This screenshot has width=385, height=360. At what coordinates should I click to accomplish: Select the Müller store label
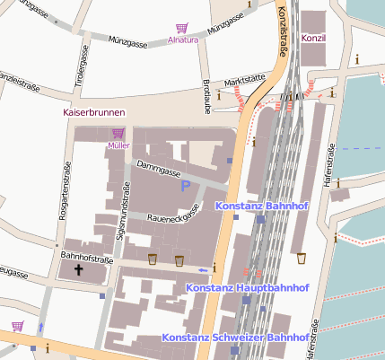[118, 145]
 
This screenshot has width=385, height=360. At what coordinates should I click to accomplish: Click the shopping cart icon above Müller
[118, 133]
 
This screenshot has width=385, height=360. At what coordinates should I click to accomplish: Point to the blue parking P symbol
[186, 186]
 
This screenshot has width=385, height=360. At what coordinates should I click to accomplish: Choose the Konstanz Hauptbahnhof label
[248, 288]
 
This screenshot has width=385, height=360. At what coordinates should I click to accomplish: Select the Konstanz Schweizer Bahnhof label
[236, 338]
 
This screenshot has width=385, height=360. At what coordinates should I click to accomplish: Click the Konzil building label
[312, 39]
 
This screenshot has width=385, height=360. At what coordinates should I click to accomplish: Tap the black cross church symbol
[78, 268]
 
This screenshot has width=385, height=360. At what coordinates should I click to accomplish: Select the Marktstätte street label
[245, 81]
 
